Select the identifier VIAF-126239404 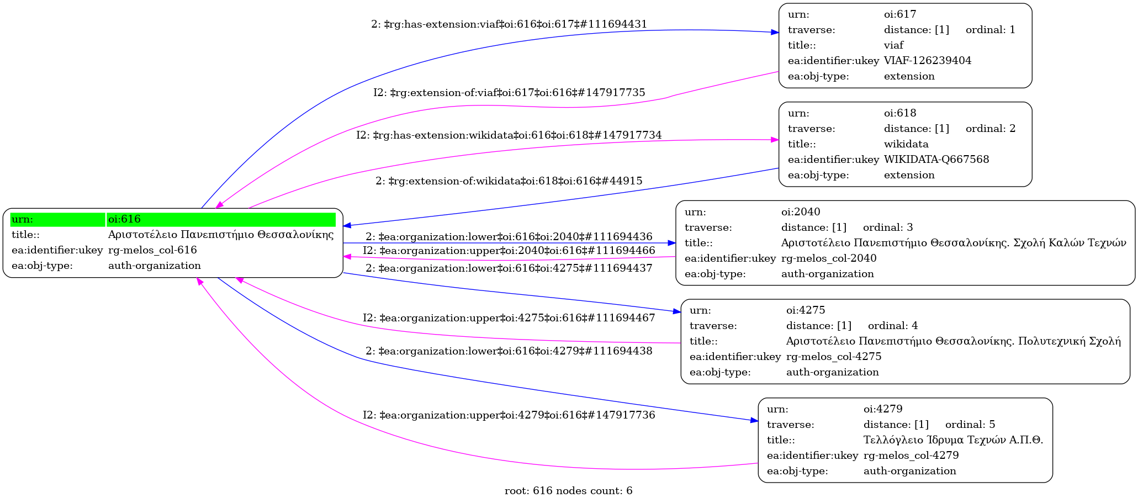927,61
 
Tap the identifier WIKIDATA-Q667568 936,160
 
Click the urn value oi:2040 800,212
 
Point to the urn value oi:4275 805,310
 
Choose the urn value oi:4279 882,409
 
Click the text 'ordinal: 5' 970,425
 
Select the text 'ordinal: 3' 887,227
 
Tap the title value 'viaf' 893,45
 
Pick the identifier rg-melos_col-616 152,250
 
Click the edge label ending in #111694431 509,24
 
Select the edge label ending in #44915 509,181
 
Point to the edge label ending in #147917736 509,415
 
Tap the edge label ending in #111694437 509,268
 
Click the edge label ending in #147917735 509,93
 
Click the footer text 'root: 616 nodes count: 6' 568,491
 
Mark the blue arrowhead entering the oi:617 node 775,33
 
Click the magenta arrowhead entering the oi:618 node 775,140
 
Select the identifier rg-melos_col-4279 911,456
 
